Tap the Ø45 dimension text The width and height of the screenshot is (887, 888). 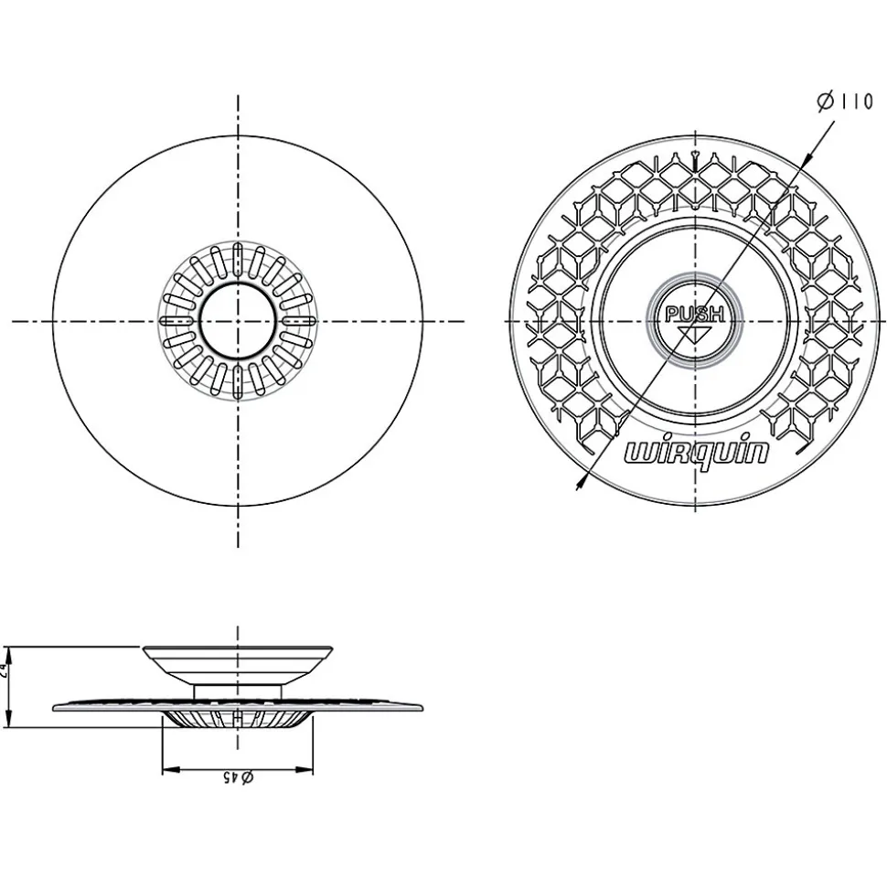click(237, 777)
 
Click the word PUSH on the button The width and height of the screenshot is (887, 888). click(695, 315)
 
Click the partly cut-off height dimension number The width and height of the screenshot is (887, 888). click(5, 669)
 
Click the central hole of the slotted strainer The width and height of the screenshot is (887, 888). click(237, 321)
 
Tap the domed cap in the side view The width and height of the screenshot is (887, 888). click(237, 660)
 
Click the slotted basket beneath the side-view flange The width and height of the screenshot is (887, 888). click(237, 720)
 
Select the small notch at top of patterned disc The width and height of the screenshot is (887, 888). click(697, 158)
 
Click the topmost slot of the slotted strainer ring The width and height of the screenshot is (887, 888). click(237, 258)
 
